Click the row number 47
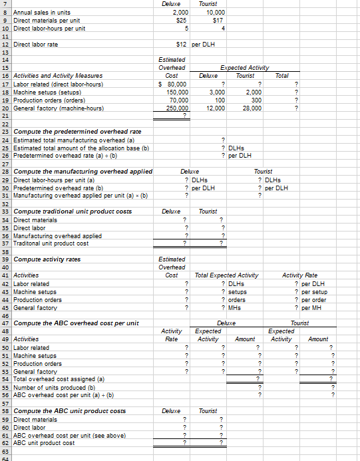pyautogui.click(x=5, y=323)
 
